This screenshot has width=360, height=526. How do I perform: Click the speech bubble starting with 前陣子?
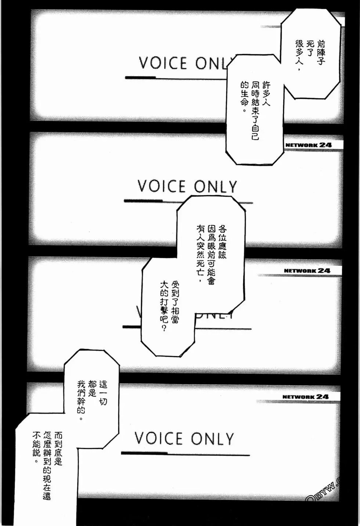pos(310,55)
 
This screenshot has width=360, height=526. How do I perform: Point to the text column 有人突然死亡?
pos(200,253)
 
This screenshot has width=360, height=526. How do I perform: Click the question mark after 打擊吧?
pos(164,328)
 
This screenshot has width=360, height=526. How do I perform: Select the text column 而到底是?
pos(58,448)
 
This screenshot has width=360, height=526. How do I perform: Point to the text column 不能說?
pos(36,448)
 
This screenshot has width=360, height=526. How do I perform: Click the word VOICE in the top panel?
pos(163,64)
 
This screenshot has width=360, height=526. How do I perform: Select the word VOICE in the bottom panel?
pos(158,439)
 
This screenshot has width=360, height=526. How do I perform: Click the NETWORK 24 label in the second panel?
pos(308,145)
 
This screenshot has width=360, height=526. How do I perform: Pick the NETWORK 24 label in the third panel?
pos(307,271)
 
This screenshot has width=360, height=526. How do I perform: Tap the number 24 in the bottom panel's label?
pos(322,397)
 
